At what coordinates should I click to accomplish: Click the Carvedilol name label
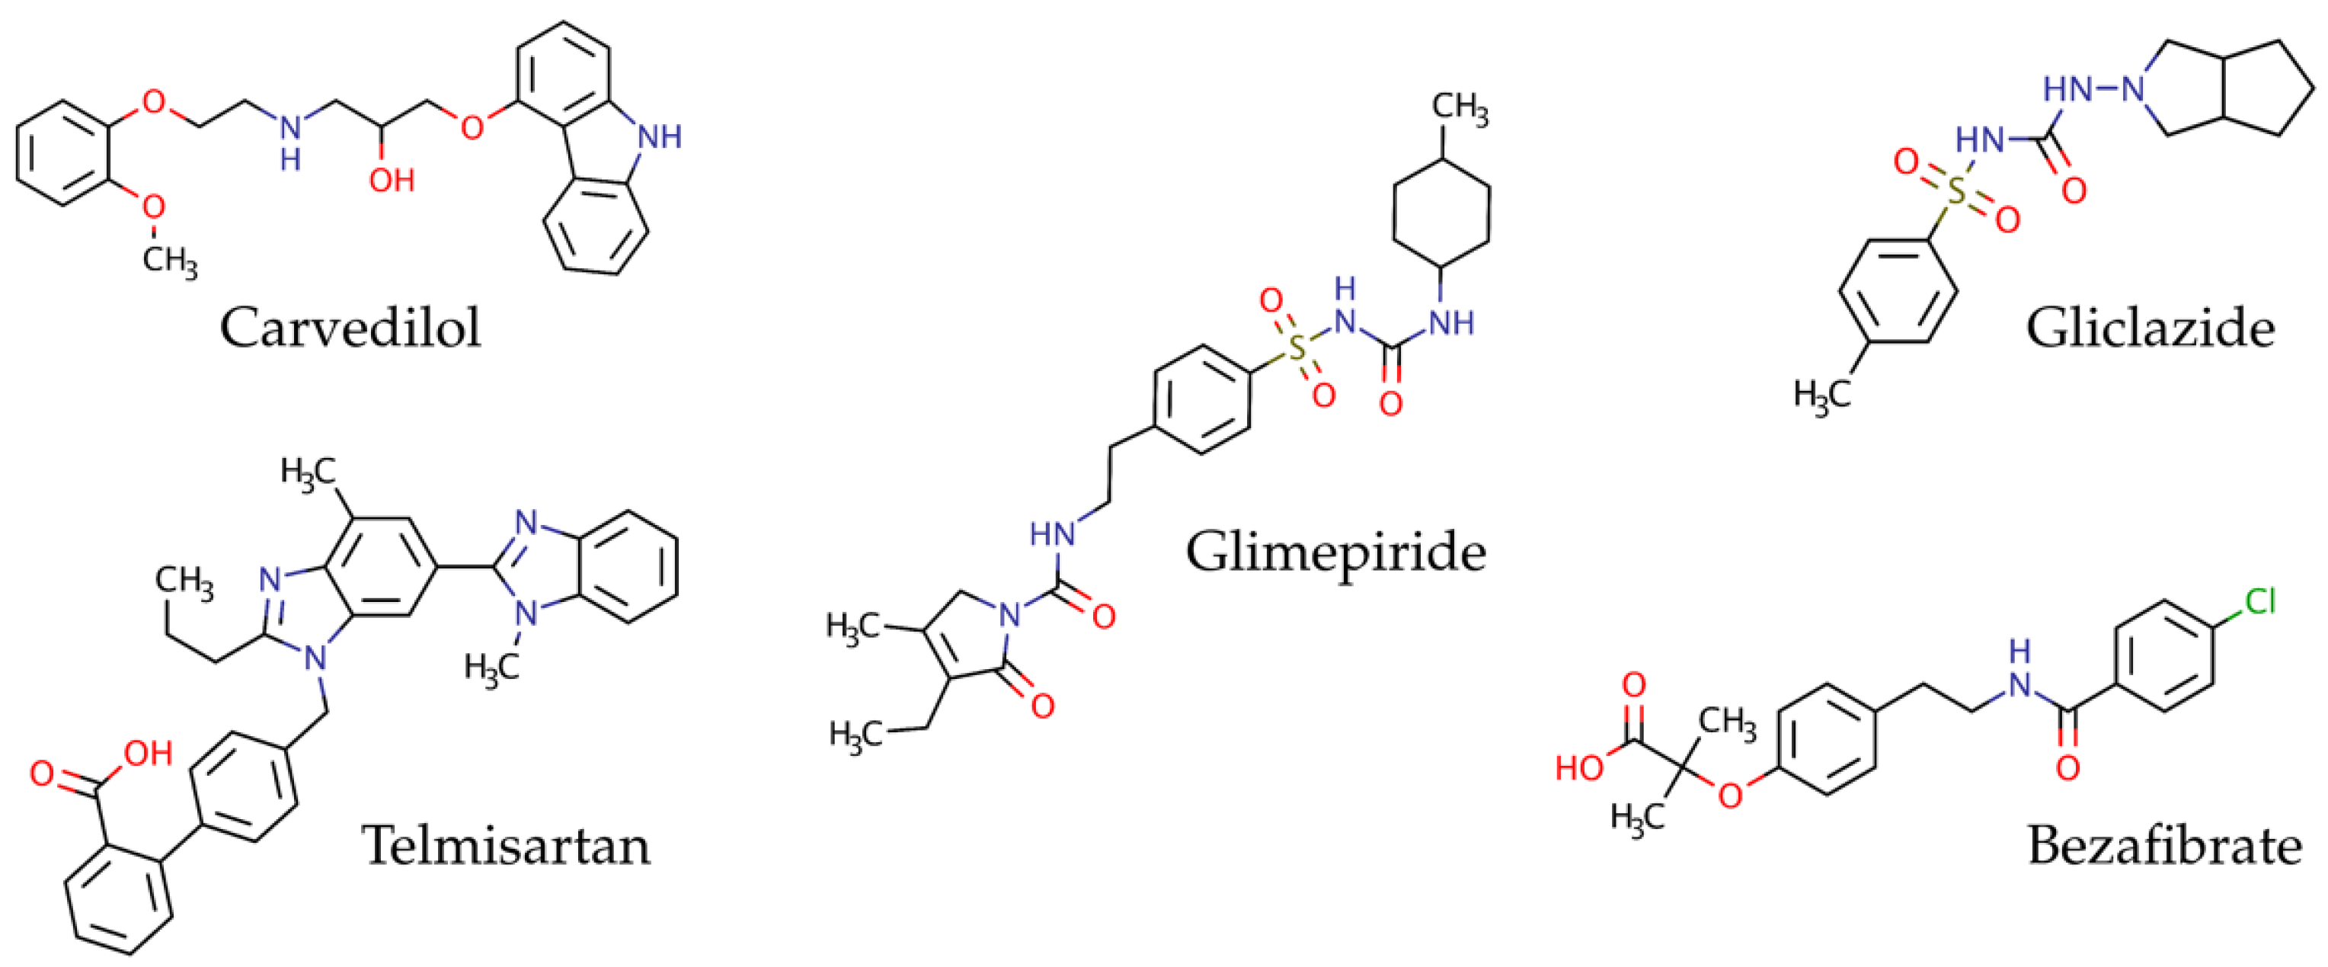(x=350, y=327)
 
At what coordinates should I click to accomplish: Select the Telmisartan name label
(x=506, y=846)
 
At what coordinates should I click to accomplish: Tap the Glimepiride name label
(x=1335, y=551)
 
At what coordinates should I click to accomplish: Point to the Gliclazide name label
(x=2150, y=327)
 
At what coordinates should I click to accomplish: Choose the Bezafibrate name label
(x=2164, y=846)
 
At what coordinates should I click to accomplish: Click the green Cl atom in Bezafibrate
(x=2259, y=601)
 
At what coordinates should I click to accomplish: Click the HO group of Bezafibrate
(x=1579, y=768)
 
